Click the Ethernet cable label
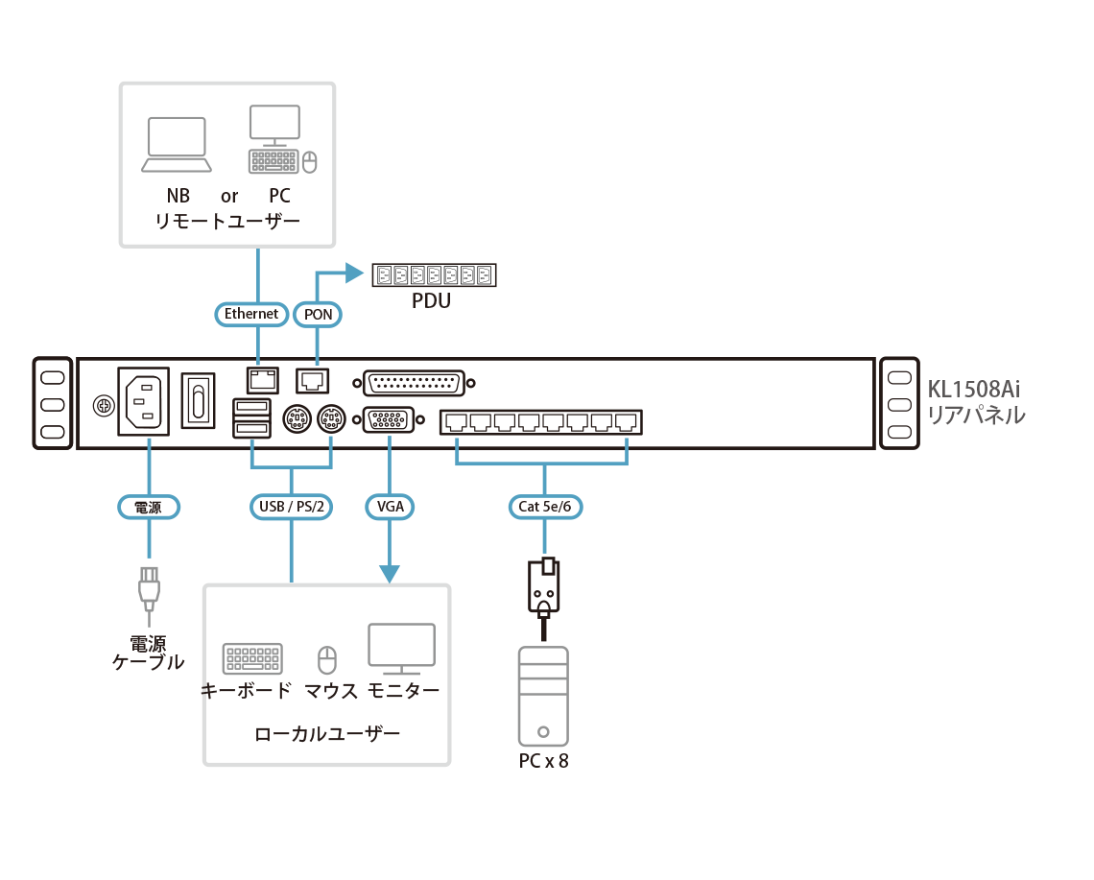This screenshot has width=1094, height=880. click(250, 314)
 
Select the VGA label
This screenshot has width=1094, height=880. click(390, 507)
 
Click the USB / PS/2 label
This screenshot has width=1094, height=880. click(291, 507)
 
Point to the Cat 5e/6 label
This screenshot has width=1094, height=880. click(545, 507)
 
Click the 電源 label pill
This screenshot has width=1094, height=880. click(149, 507)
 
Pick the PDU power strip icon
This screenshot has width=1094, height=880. click(434, 275)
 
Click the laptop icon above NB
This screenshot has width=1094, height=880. click(177, 145)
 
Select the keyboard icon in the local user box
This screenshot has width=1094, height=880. click(252, 659)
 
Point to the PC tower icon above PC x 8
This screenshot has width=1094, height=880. click(543, 696)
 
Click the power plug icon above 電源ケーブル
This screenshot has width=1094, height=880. click(149, 590)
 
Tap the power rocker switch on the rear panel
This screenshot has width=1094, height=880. click(199, 401)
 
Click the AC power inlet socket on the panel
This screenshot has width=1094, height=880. click(143, 402)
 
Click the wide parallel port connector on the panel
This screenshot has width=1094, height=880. click(414, 383)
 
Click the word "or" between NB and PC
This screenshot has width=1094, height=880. click(229, 197)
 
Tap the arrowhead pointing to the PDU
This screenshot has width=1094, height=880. click(357, 275)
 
